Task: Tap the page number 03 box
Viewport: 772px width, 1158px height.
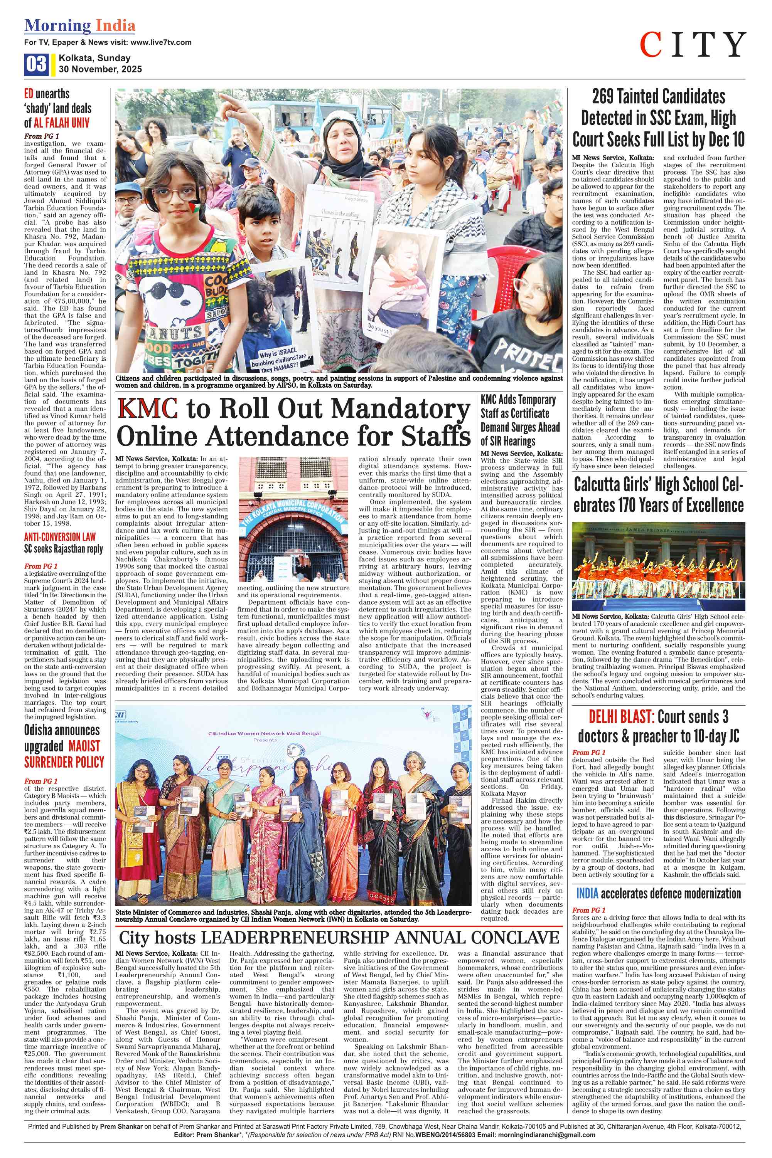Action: (x=36, y=64)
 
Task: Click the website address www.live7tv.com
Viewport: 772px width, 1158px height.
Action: (x=162, y=43)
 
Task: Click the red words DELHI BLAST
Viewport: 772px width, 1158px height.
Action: (x=621, y=717)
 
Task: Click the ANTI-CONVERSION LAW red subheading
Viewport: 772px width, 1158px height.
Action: (x=59, y=537)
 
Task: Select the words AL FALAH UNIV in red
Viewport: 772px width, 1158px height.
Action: (x=62, y=123)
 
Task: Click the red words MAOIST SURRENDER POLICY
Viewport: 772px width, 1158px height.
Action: (x=64, y=754)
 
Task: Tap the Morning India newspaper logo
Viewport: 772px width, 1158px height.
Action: (x=80, y=25)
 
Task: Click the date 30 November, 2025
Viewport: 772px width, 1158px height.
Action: (x=100, y=69)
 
